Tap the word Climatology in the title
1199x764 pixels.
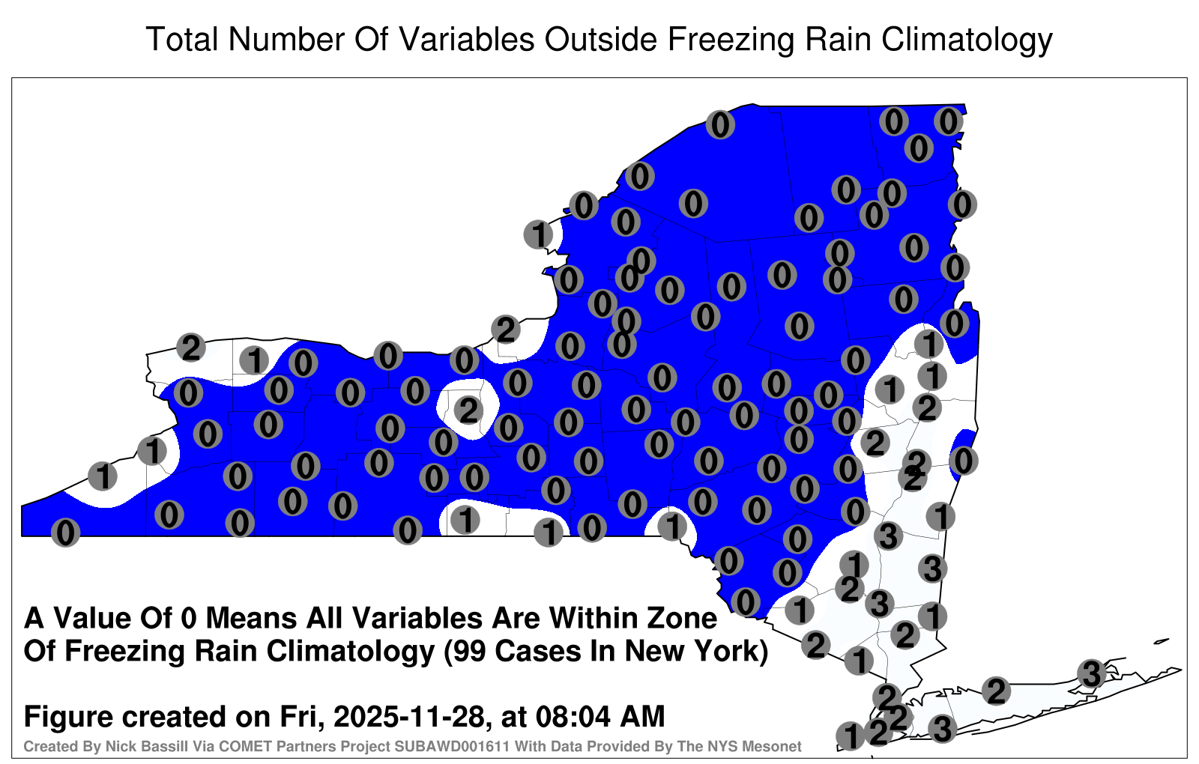(x=967, y=40)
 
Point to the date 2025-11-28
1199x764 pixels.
(x=408, y=716)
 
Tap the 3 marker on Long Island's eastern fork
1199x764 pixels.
(x=1091, y=673)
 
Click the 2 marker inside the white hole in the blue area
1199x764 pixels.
(x=468, y=411)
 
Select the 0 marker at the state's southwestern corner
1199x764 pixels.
(x=65, y=533)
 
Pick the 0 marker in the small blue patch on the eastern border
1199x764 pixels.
(x=964, y=461)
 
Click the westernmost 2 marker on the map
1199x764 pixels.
(x=191, y=348)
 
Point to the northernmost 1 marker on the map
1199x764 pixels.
(x=538, y=234)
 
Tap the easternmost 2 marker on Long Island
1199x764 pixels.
(x=996, y=691)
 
